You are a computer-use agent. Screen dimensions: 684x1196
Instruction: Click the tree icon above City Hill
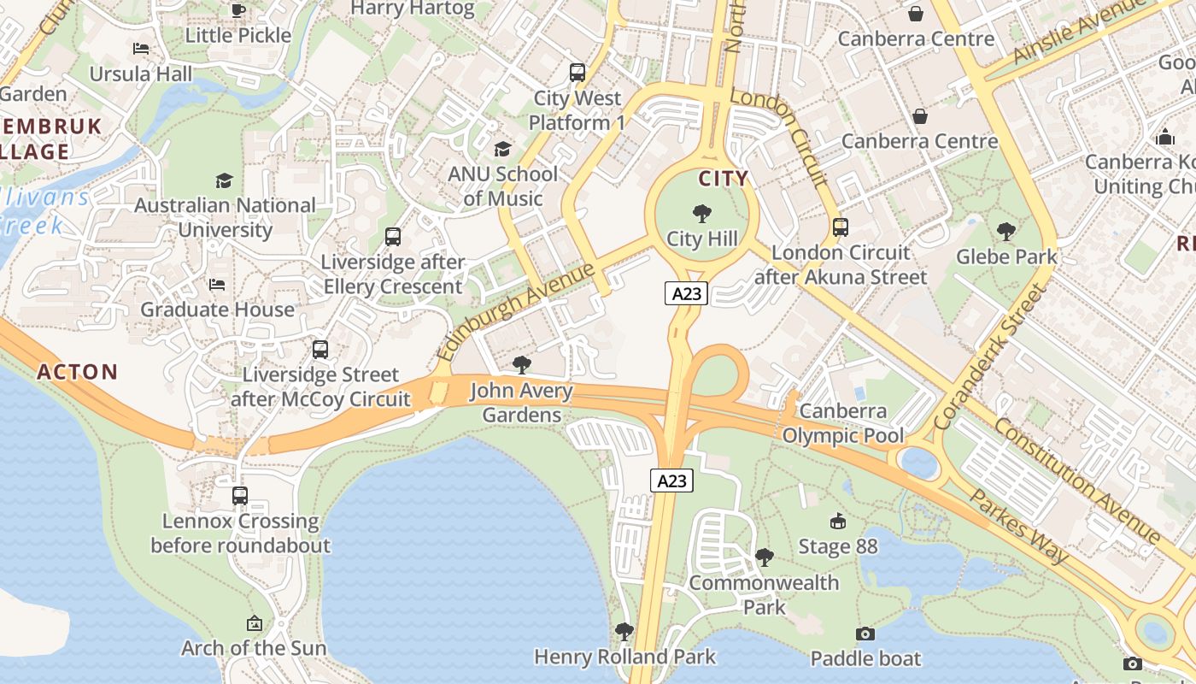(702, 213)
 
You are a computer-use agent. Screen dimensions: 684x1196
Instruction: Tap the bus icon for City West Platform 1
(577, 73)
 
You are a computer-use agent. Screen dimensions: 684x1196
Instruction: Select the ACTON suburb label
(77, 372)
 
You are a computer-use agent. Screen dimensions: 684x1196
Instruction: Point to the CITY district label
(724, 179)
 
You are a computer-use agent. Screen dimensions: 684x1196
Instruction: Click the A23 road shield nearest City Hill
(687, 293)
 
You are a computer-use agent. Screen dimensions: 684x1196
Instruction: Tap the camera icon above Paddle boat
(865, 634)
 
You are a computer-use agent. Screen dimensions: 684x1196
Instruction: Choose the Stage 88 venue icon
(838, 522)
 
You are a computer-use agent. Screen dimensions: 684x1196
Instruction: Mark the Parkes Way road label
(1019, 526)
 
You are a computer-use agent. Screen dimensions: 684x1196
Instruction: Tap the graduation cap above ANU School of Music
(502, 149)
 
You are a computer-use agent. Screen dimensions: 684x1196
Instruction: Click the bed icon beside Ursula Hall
(141, 49)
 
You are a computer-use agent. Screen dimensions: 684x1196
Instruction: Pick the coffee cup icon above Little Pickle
(238, 10)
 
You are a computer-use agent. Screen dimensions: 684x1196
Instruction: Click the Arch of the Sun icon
(254, 623)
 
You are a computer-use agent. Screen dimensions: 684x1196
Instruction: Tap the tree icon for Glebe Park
(1006, 231)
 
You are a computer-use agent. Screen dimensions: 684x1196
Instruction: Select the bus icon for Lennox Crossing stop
(240, 496)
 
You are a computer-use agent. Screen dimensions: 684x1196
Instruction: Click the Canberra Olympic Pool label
(843, 423)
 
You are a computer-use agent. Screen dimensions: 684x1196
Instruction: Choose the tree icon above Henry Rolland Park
(624, 632)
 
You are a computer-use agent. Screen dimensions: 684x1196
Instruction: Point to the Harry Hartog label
(413, 9)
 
